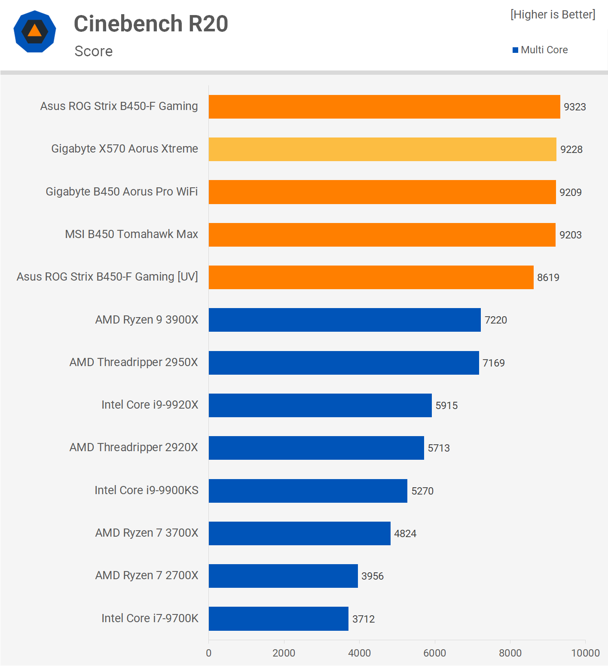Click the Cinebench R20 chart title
151,24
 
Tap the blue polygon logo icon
35,31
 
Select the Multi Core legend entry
540,50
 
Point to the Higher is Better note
553,15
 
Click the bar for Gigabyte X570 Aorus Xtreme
382,149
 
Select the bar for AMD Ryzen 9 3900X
345,320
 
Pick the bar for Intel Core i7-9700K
278,618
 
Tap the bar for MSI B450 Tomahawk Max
382,235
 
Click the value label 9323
574,107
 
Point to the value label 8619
548,278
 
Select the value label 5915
446,406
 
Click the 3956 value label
372,576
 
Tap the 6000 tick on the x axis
434,653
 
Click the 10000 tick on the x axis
585,653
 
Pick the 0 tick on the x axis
209,653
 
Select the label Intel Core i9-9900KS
146,490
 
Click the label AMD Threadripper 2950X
134,362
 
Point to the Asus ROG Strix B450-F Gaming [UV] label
107,277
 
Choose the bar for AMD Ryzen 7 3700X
299,533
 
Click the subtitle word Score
93,51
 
